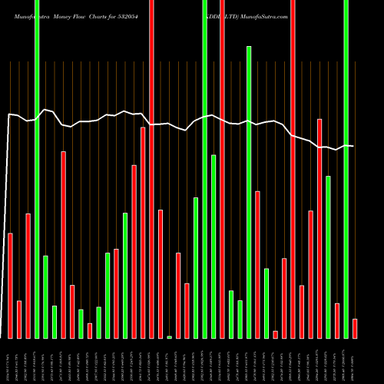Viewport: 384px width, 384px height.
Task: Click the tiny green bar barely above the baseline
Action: pos(169,336)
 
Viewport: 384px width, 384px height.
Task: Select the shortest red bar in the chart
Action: pos(275,334)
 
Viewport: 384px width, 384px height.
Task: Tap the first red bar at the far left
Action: pos(10,285)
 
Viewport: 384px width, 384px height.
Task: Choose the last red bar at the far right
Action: pos(355,328)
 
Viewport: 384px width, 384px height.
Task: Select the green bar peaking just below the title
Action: pos(249,192)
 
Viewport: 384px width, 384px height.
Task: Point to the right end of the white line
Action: pos(353,146)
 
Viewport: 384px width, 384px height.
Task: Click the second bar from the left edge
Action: pos(19,319)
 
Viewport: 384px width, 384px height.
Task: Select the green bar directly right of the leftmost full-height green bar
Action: pos(45,296)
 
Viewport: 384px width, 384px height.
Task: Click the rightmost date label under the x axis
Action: pos(354,362)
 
